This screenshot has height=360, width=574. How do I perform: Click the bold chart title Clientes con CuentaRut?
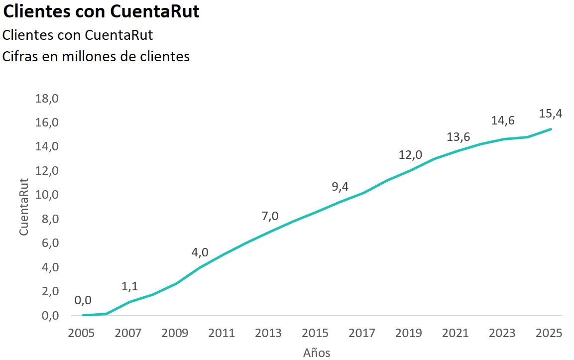102,11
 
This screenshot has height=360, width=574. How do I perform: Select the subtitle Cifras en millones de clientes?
96,57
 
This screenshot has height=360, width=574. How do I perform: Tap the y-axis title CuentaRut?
24,207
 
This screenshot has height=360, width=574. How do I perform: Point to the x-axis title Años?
317,353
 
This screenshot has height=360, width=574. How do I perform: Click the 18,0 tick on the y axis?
47,99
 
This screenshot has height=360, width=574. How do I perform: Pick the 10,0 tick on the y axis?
47,195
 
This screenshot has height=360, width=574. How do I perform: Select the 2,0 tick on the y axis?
47,291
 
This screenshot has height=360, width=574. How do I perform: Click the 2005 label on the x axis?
82,333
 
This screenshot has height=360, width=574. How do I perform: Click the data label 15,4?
551,114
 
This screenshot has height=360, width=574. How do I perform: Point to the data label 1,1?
129,286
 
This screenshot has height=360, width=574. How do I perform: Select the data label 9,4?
340,187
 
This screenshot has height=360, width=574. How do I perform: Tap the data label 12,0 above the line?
410,155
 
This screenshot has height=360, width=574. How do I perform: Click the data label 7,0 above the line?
270,216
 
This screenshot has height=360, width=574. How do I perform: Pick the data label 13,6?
457,137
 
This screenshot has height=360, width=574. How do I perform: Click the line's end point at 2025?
551,129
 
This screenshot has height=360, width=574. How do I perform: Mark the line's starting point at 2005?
83,315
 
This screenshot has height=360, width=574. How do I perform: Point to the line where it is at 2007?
129,302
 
